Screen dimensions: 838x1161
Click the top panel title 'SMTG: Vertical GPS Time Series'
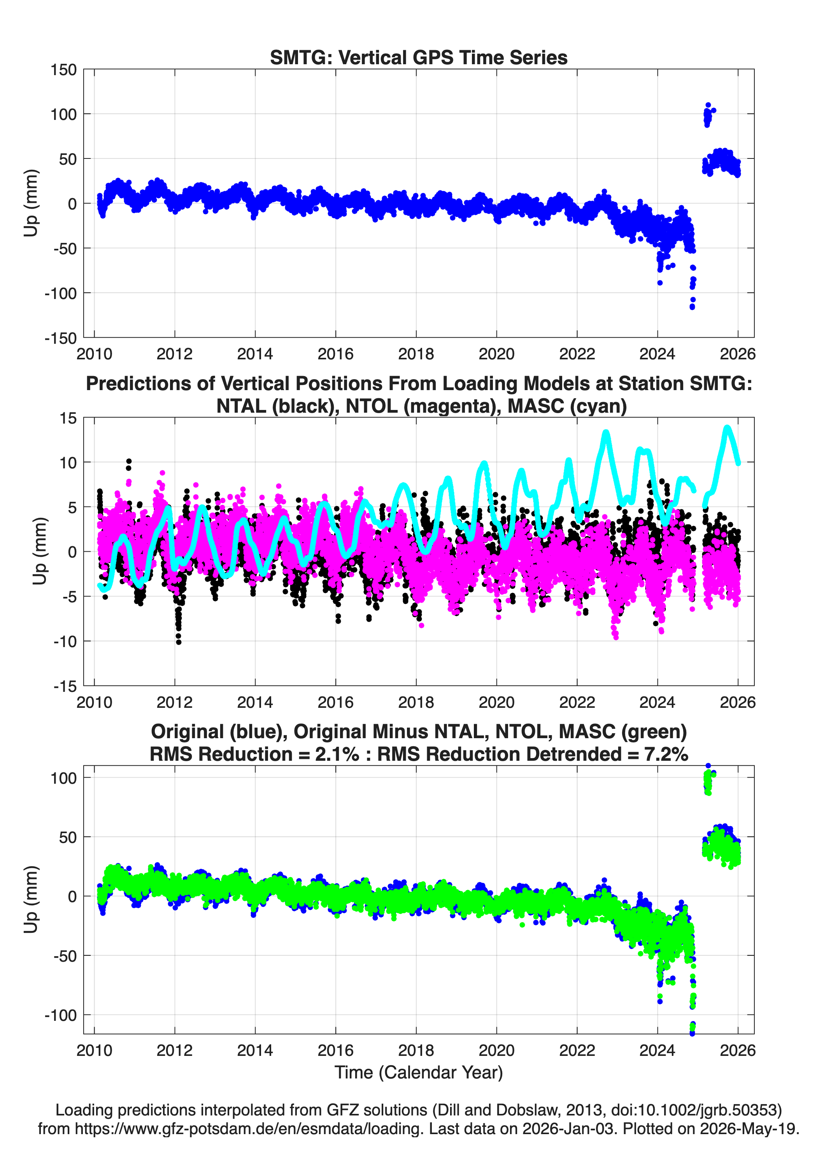[x=419, y=57]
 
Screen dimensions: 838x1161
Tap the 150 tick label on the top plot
[x=63, y=70]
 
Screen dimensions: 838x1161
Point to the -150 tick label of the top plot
[x=61, y=338]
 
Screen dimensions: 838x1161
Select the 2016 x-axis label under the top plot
[x=336, y=354]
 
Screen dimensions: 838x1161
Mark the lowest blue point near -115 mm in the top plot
[x=692, y=307]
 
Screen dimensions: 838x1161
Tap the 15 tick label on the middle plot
[x=68, y=418]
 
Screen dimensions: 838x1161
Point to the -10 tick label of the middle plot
[x=65, y=641]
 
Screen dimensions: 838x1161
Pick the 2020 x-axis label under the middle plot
[x=496, y=702]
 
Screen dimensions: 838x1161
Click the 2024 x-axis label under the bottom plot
[x=657, y=1050]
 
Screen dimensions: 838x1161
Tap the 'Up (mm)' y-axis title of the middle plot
[x=40, y=551]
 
